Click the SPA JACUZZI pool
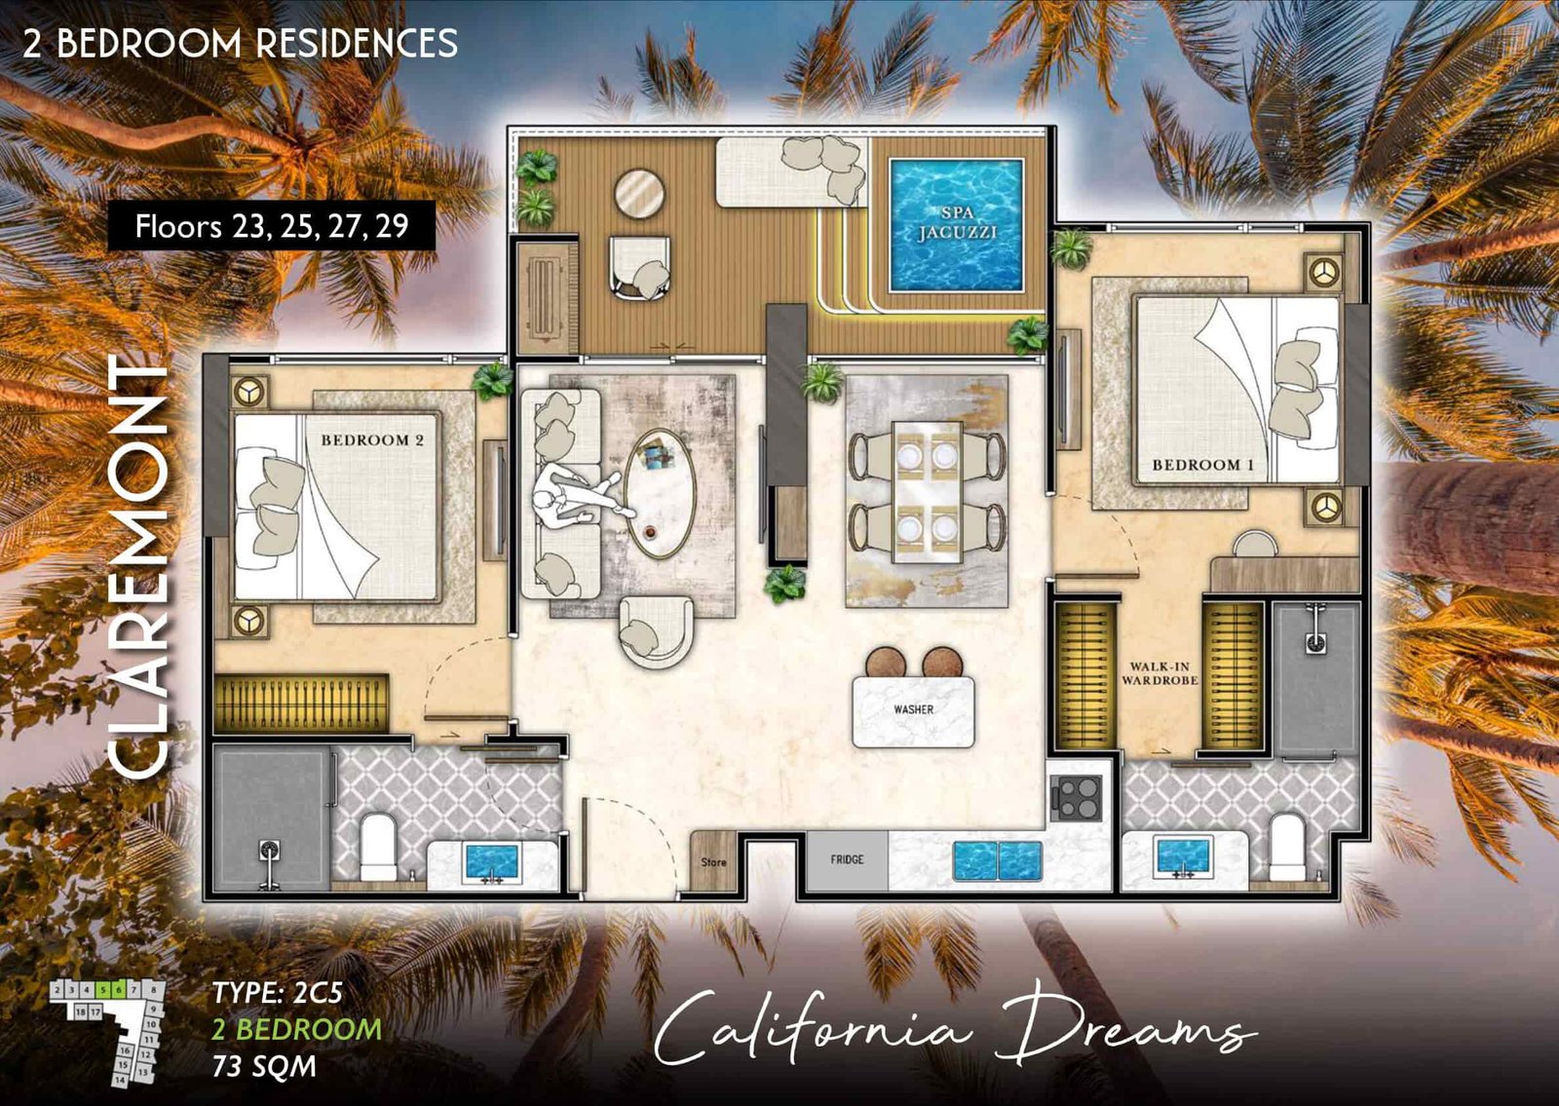click(x=956, y=224)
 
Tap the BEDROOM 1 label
click(x=1202, y=465)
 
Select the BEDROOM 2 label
click(x=372, y=440)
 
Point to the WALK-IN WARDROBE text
click(x=1160, y=673)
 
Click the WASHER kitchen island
click(x=913, y=710)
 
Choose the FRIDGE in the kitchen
click(x=847, y=859)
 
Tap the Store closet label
click(x=713, y=861)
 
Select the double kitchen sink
click(x=997, y=860)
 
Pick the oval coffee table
click(x=660, y=493)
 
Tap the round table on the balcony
click(x=639, y=193)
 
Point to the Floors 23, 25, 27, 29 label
click(x=271, y=226)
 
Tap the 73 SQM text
click(x=264, y=1066)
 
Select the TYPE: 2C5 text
click(x=278, y=993)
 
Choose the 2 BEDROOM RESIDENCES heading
click(x=240, y=43)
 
